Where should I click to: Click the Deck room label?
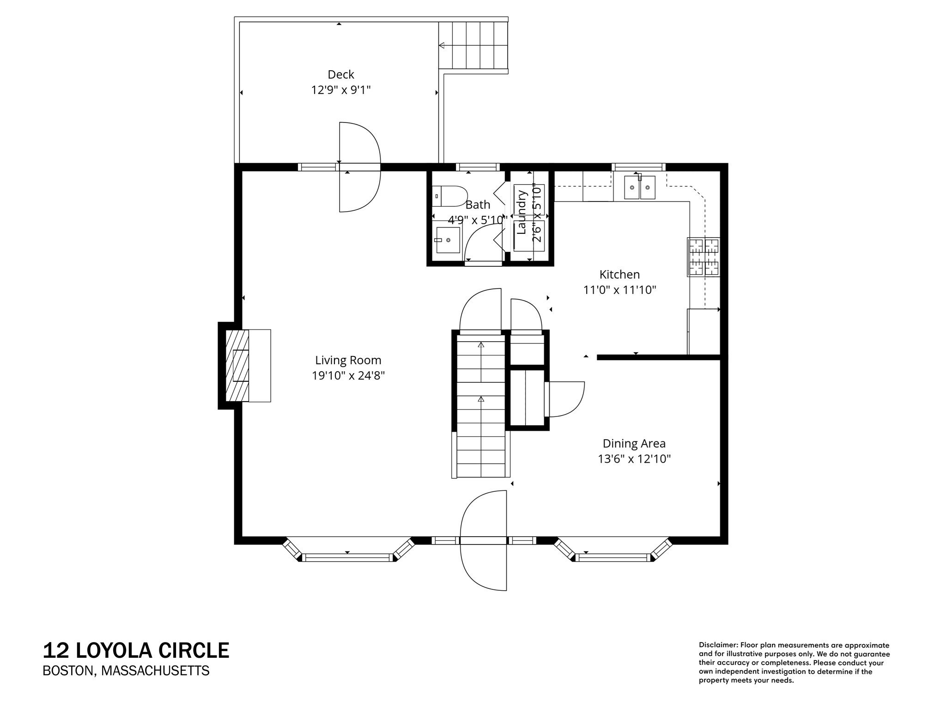[341, 74]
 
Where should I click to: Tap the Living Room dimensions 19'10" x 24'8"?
[348, 376]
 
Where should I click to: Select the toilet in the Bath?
[450, 196]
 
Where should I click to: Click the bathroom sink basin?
[448, 240]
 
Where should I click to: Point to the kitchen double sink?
[640, 187]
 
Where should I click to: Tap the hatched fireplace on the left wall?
[237, 365]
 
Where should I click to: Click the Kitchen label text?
[619, 275]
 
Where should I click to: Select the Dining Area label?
[634, 444]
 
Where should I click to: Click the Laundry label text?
[522, 212]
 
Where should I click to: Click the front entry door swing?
[483, 541]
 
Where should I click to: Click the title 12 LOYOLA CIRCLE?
[136, 650]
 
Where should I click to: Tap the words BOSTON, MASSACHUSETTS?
[126, 671]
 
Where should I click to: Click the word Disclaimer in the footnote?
[717, 645]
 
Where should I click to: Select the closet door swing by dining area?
[566, 399]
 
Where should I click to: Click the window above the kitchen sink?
[639, 167]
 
